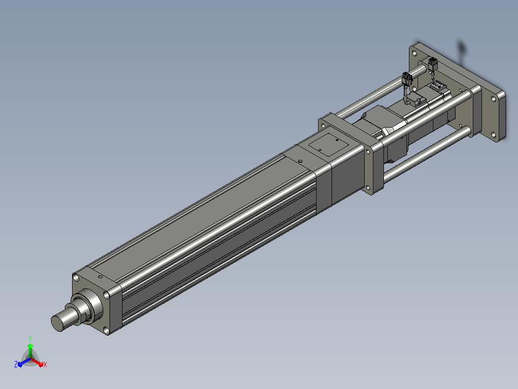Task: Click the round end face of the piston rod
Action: (x=57, y=323)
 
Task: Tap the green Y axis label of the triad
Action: (x=30, y=338)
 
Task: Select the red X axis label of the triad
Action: (x=45, y=364)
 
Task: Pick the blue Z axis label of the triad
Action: (x=16, y=364)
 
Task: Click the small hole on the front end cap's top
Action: (x=100, y=276)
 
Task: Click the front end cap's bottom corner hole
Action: (x=106, y=330)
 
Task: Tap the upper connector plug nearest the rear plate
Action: (x=433, y=64)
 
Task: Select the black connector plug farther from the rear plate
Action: (x=407, y=79)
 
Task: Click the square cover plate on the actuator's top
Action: (x=329, y=144)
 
